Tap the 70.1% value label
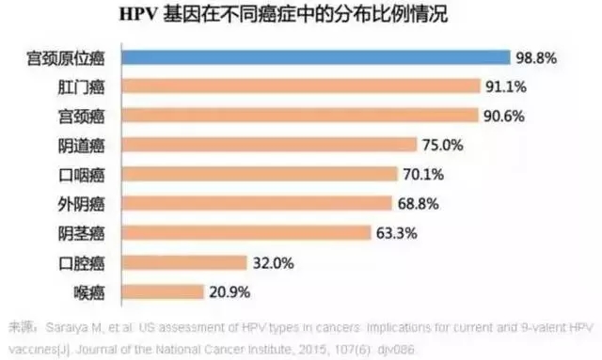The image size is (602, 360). coord(423,174)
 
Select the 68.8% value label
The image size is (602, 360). coord(419,203)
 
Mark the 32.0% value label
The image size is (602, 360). coord(273,261)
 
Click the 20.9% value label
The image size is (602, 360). coord(230,290)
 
